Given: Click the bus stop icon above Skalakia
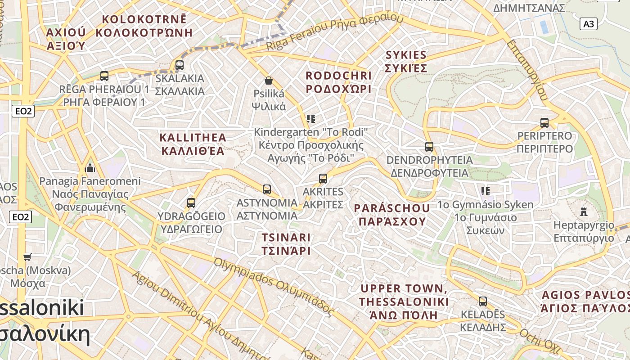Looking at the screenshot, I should pos(180,65).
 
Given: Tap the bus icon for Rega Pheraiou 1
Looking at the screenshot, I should pos(104,76).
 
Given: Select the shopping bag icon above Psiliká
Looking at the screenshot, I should pos(269,81).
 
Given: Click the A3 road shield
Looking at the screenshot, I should pos(589,24).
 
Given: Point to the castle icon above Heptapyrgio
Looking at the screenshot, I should pos(584,211).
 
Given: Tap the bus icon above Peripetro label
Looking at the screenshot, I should pos(544,123).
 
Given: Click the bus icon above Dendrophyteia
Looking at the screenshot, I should pos(429,147).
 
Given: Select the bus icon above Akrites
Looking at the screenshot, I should pos(323,179).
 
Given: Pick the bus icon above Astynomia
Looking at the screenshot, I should pos(267,189).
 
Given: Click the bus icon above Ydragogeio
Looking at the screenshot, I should pos(191,203).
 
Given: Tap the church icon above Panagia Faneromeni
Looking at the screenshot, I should pos(90,168).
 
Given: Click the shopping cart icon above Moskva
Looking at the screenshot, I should pos(27,257).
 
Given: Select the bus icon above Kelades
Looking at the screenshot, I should pos(483,301).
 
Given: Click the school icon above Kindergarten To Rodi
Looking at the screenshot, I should pos(310,119).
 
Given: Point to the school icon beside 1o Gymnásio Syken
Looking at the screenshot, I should pos(485,191).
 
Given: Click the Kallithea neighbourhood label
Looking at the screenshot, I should pos(193,144).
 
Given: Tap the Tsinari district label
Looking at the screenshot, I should pos(286,244).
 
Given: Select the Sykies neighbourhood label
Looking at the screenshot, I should pos(406,62).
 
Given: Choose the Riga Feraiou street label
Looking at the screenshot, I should pos(335,32).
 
